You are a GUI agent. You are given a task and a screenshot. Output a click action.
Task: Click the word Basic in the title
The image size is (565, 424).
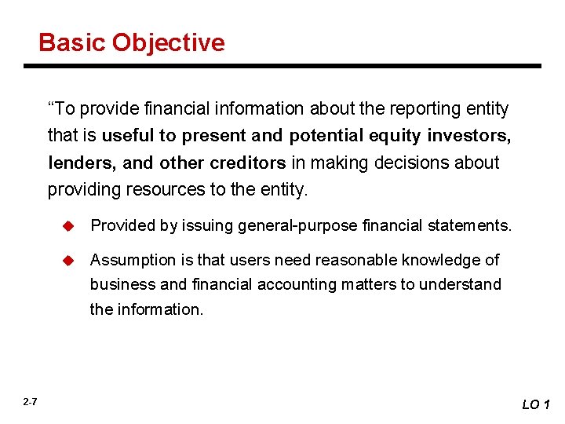tap(72, 42)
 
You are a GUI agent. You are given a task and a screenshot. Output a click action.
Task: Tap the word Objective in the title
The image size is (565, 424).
tap(168, 42)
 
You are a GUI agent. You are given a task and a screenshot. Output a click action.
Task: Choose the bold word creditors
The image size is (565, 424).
tap(247, 163)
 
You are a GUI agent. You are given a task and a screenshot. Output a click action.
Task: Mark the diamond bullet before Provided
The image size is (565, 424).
tap(68, 226)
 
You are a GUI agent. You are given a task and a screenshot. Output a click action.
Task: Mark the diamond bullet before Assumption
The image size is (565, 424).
tap(68, 260)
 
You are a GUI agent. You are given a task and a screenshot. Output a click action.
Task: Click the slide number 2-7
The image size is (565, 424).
tap(30, 402)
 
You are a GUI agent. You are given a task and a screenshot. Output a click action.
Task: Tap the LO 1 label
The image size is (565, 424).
tap(537, 404)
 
